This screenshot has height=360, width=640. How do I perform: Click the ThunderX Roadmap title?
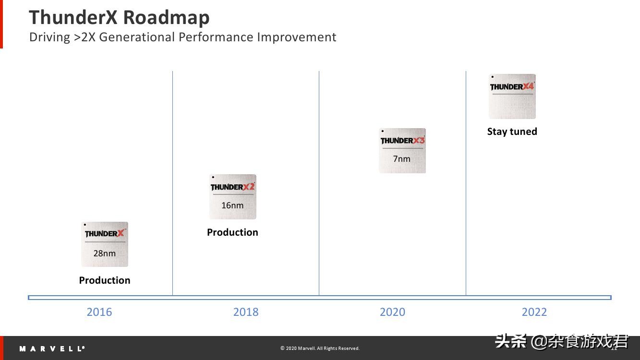pos(119,18)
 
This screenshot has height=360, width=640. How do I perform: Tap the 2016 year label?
pos(99,312)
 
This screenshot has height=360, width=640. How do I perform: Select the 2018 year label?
pos(246,312)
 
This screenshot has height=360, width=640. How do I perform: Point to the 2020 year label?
pos(392,312)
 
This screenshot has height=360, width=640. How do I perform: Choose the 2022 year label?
pos(534,312)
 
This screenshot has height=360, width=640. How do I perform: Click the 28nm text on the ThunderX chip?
pos(105,253)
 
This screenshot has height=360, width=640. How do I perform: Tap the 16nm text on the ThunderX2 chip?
pos(232,205)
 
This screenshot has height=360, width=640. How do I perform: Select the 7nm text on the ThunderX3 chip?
pos(402,159)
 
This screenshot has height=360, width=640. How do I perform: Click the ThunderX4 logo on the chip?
pos(512,86)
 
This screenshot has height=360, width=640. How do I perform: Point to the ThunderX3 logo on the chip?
pos(402,140)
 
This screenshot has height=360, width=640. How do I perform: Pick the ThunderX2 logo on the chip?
pos(232,187)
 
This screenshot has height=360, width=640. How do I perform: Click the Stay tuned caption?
pos(512,132)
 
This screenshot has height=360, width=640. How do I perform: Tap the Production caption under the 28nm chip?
pos(105,280)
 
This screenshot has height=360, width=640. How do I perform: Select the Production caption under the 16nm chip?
pos(232,232)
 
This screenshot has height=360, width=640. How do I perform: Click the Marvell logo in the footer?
pos(52,348)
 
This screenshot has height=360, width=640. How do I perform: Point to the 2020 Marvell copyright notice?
pos(320,348)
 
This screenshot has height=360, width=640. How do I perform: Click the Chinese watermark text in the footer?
pos(562,341)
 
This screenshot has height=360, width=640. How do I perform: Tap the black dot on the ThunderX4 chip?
pos(493,77)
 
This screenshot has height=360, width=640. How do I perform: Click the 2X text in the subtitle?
pos(88,37)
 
